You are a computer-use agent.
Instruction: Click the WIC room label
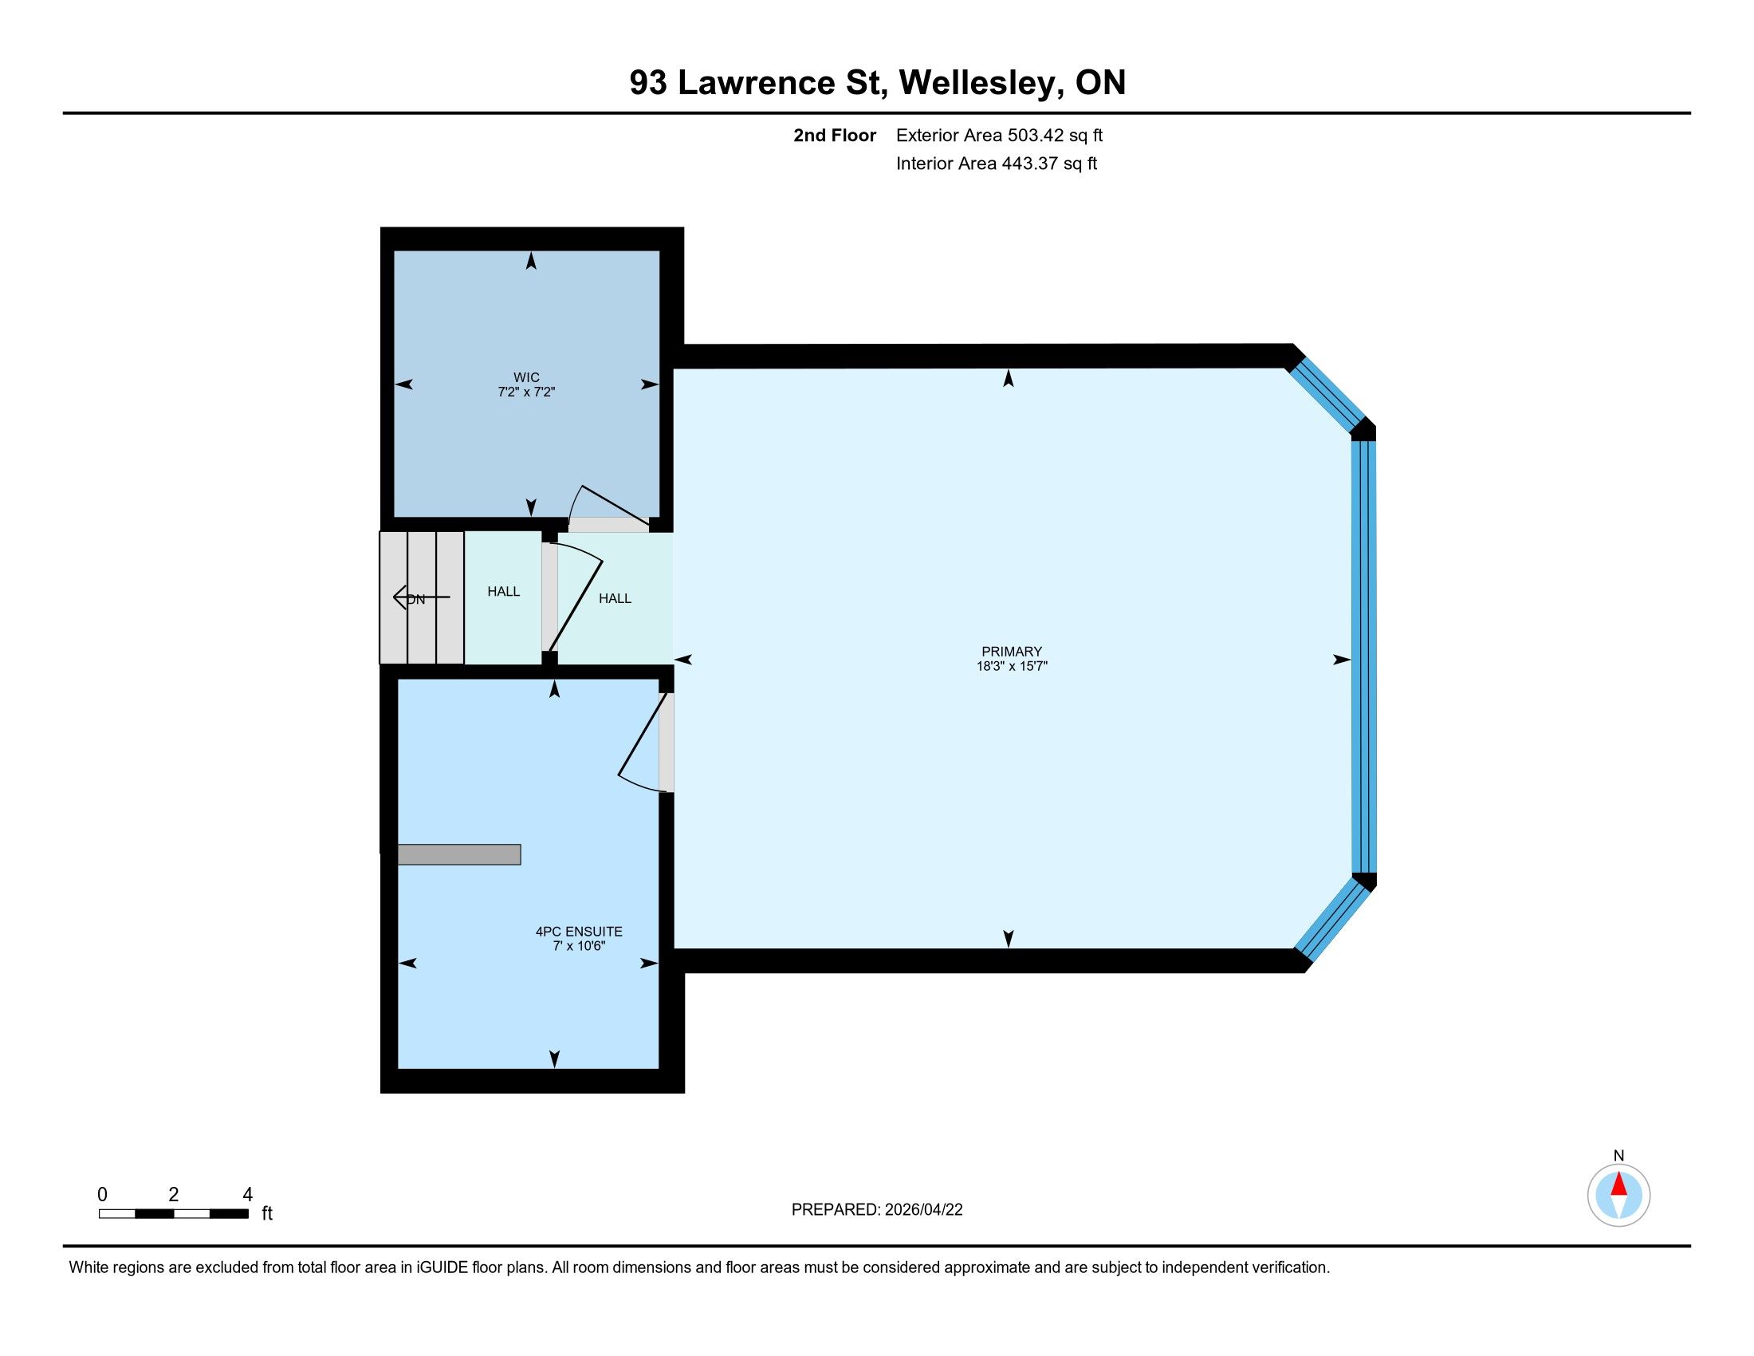click(x=526, y=377)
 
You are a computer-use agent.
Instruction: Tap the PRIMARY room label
click(x=1011, y=652)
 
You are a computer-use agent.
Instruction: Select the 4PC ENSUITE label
click(x=578, y=932)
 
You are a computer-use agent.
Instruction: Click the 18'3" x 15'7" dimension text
click(x=1012, y=666)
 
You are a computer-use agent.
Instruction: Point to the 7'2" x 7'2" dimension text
click(x=526, y=392)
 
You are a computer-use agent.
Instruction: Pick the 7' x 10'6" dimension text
click(x=578, y=946)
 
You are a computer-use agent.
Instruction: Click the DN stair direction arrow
click(x=421, y=597)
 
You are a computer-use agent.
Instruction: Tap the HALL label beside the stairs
click(x=504, y=592)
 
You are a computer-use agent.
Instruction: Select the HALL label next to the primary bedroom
click(x=615, y=598)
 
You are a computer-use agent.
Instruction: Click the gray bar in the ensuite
click(x=458, y=855)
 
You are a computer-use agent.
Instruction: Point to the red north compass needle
click(x=1619, y=1184)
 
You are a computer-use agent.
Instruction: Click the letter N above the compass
click(x=1619, y=1156)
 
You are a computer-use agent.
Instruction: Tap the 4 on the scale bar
click(x=247, y=1195)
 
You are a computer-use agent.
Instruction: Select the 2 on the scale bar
click(x=174, y=1195)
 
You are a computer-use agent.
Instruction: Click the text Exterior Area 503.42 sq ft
click(x=999, y=136)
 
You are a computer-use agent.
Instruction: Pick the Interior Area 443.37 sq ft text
click(x=996, y=164)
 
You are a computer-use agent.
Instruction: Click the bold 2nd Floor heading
click(x=835, y=136)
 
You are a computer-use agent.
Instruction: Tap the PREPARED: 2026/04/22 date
click(x=877, y=1210)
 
